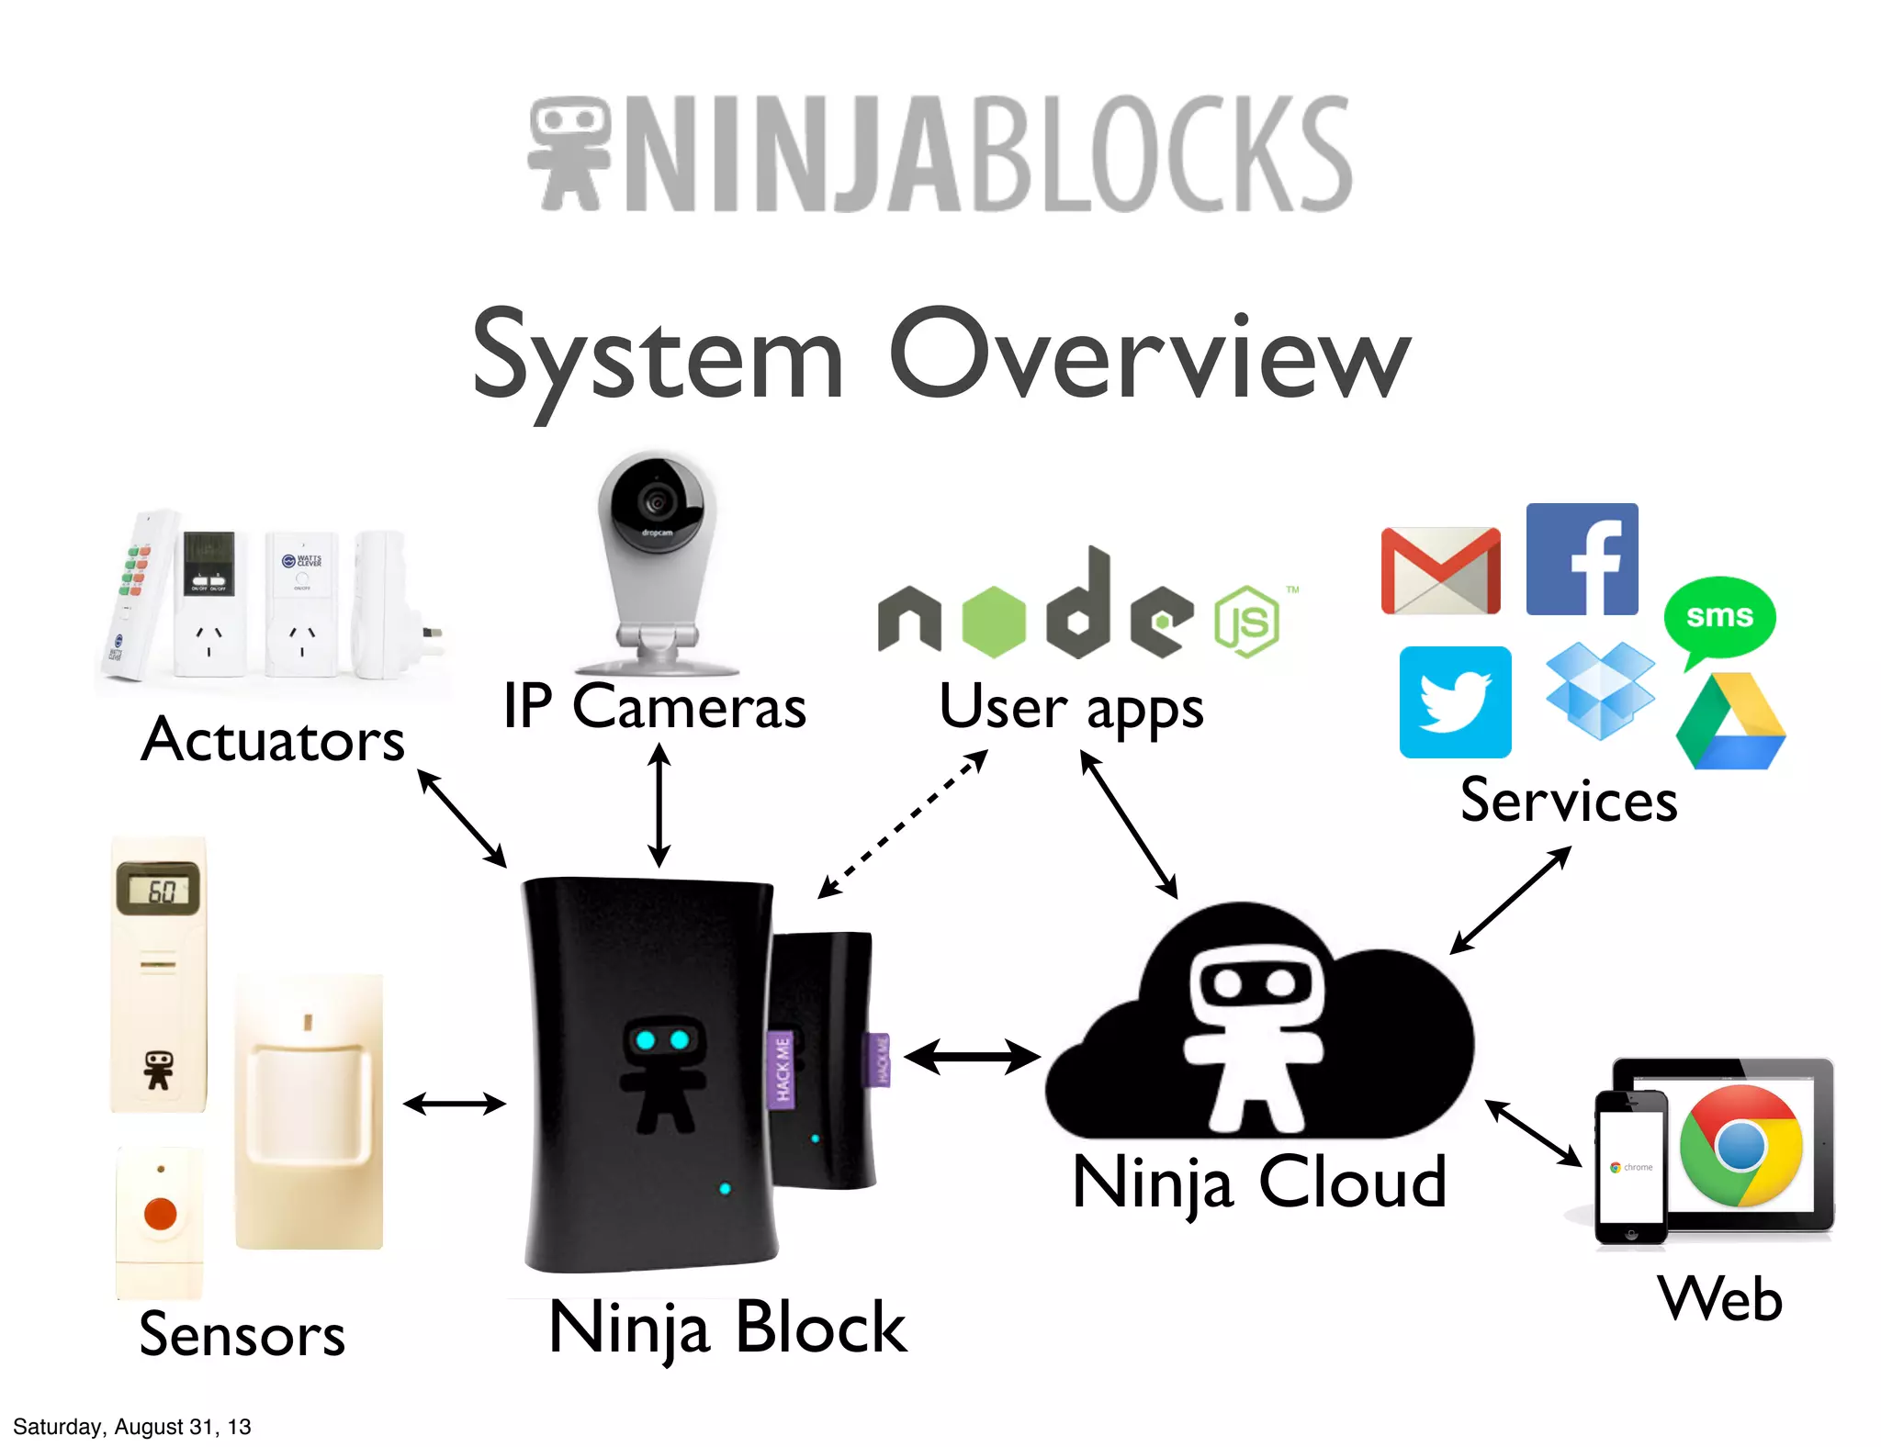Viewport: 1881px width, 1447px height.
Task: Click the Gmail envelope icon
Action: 1440,571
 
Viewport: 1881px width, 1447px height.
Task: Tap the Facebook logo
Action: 1582,559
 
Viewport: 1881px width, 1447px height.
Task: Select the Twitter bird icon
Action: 1455,702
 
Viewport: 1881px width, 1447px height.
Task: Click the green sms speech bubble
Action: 1719,618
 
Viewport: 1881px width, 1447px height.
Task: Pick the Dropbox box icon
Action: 1600,690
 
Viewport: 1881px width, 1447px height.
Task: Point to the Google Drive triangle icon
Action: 1730,724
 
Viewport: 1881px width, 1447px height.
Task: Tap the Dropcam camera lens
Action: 656,501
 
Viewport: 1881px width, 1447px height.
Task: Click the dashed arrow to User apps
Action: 903,824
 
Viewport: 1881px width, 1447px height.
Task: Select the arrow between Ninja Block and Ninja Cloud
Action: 972,1057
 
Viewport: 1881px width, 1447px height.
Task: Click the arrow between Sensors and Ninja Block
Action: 454,1104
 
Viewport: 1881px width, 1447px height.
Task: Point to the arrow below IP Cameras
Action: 659,805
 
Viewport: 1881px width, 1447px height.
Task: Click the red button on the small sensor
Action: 160,1214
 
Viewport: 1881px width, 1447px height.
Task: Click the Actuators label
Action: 273,740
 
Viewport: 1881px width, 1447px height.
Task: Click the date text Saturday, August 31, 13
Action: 132,1427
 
